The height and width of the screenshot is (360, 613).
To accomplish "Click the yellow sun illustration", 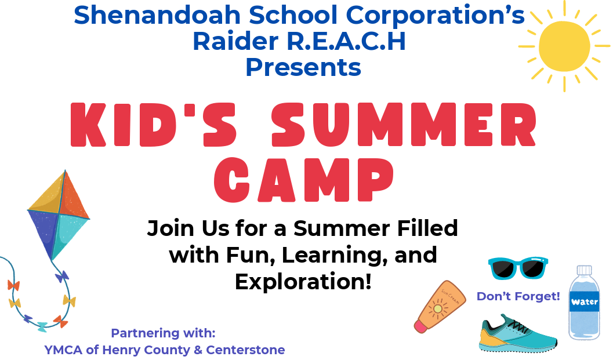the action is pos(564,46).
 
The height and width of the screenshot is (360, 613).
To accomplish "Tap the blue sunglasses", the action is pos(518,268).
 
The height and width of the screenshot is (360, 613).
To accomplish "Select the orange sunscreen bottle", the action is pos(440,307).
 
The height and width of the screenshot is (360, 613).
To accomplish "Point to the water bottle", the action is pos(584,303).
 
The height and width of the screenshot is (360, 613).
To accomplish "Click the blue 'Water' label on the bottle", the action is pos(584,301).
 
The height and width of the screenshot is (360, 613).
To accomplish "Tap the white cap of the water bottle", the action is pos(585,270).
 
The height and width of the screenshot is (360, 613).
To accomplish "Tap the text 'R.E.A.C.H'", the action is pos(346,41).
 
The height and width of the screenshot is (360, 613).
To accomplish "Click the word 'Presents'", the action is pos(303,67).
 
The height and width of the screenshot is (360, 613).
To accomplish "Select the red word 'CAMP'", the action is pos(304,180).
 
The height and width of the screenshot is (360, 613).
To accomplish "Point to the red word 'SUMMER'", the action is pos(404,125).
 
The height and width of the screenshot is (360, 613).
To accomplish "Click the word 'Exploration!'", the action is pos(303,282).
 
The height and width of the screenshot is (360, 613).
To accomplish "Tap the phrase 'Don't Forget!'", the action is pos(518,296).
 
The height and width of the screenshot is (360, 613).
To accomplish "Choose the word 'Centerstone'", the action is pos(245,350).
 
